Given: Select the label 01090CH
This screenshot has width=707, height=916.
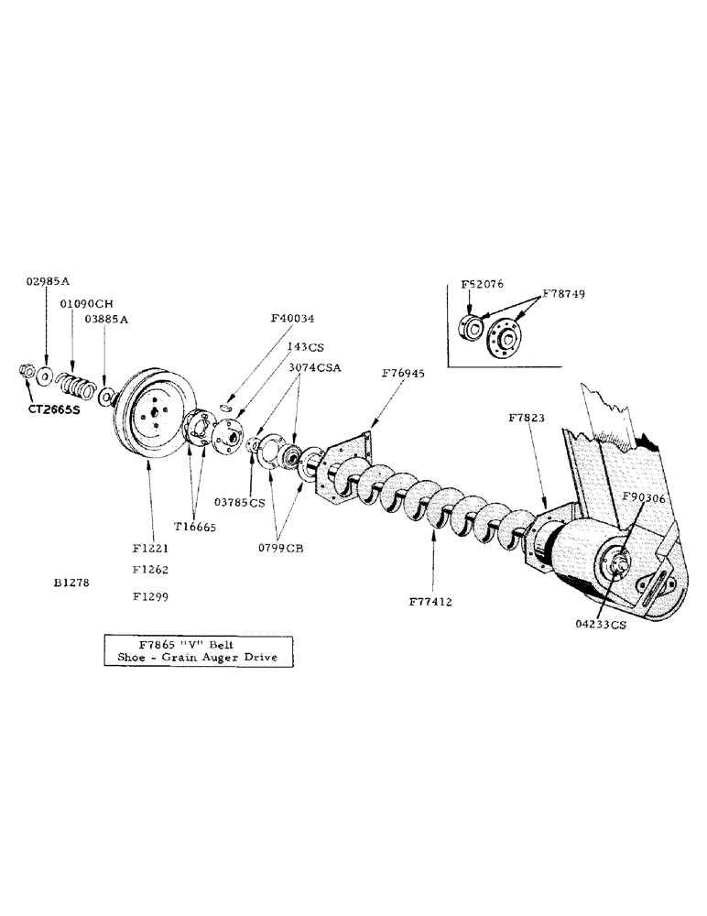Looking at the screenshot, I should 86,303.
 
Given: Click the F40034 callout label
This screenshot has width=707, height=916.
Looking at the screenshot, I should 292,319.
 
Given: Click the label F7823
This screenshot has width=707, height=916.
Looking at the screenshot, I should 528,418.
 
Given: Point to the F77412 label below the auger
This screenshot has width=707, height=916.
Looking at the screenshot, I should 434,602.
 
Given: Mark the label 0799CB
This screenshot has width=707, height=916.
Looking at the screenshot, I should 282,549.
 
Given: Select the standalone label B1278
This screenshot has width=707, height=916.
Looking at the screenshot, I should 72,582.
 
